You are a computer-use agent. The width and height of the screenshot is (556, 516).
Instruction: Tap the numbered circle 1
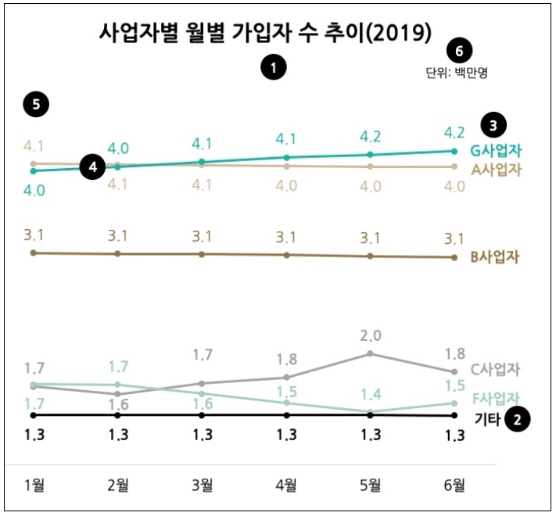click(x=273, y=69)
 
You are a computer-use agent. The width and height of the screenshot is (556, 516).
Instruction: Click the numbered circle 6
click(x=459, y=52)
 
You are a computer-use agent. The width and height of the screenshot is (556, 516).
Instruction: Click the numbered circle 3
click(x=493, y=124)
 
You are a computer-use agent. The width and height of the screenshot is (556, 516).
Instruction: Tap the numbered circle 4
click(x=93, y=167)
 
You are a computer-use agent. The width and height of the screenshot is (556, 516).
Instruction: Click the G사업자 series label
click(x=496, y=150)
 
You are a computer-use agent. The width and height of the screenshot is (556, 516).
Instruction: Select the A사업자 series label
click(x=496, y=169)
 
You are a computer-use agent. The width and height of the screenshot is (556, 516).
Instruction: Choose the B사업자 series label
click(x=496, y=258)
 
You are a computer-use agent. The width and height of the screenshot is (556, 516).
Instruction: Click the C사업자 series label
click(x=496, y=370)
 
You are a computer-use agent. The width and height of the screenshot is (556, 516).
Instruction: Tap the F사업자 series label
click(x=496, y=397)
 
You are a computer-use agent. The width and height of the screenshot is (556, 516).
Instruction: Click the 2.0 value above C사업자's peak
click(x=371, y=336)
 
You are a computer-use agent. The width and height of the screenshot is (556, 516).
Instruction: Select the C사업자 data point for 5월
click(x=371, y=353)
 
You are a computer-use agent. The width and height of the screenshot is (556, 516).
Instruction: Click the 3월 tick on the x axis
click(x=203, y=486)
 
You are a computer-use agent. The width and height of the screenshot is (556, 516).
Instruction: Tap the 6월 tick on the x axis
click(x=454, y=486)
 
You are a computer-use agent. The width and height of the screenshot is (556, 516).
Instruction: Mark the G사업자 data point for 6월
click(x=454, y=151)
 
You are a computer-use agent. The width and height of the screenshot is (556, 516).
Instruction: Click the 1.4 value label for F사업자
click(x=371, y=393)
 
